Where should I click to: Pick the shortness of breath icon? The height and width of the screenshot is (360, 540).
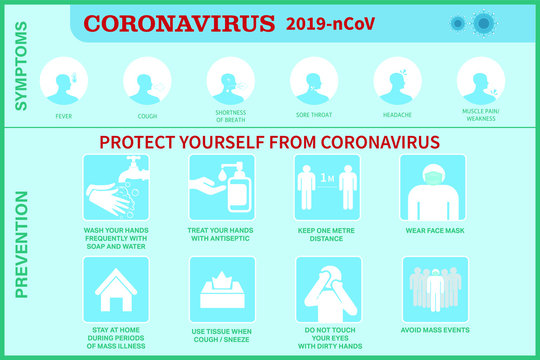(231, 79)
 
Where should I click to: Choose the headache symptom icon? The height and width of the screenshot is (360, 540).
(398, 79)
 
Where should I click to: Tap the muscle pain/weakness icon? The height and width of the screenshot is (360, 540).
(480, 79)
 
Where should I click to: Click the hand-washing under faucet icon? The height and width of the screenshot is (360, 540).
(116, 187)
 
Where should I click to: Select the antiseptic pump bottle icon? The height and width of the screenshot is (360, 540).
(222, 187)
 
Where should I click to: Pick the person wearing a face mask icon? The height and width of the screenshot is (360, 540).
(432, 187)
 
